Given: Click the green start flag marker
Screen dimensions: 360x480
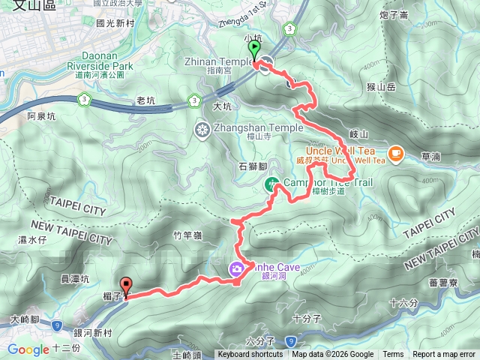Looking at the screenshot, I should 255,49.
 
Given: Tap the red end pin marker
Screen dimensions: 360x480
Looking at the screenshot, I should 126,286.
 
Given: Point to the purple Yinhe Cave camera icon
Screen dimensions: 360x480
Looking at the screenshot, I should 236,269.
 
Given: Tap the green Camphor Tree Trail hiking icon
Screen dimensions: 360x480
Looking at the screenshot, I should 271,184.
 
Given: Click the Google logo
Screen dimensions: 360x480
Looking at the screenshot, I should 28,349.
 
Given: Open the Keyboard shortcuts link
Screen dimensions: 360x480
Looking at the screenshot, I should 250,355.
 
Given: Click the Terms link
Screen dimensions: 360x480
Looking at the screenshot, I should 393,355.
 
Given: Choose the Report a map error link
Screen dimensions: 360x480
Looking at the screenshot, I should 444,355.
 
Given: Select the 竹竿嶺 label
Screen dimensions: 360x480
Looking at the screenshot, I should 187,235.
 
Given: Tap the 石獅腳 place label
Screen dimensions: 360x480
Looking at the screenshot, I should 252,166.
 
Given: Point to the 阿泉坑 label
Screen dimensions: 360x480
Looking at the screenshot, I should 41,116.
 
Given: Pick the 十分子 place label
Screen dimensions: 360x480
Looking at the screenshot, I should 307,318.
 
